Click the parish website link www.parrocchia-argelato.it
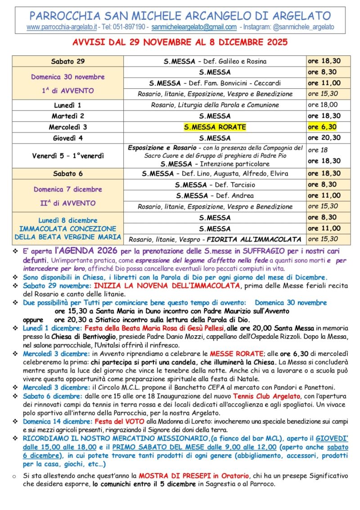pyautogui.click(x=62, y=27)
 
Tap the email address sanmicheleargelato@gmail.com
pyautogui.click(x=194, y=27)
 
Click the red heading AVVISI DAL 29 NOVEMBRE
pyautogui.click(x=180, y=44)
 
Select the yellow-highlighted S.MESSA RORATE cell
pyautogui.click(x=215, y=127)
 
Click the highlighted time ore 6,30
pyautogui.click(x=322, y=127)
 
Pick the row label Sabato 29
pyautogui.click(x=68, y=61)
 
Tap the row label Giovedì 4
pyautogui.click(x=68, y=138)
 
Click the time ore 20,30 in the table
pyautogui.click(x=324, y=138)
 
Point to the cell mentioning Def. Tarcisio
pyautogui.click(x=215, y=185)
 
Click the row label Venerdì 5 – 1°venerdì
pyautogui.click(x=68, y=156)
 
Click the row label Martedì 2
pyautogui.click(x=68, y=116)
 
